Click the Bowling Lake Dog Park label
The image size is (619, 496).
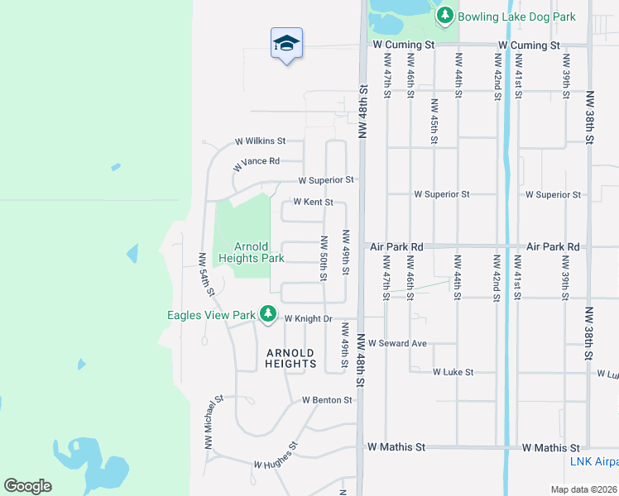tap(516, 17)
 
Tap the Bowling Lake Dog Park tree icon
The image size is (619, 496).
tap(445, 16)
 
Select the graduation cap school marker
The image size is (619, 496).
tap(286, 44)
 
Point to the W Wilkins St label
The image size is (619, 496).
tap(260, 141)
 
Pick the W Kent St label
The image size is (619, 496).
tap(314, 203)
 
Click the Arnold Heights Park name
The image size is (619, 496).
tap(251, 252)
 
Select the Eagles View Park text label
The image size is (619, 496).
tap(211, 315)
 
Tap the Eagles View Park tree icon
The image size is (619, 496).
tap(267, 314)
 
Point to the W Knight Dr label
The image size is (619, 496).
tap(308, 318)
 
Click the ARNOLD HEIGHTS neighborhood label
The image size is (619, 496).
tap(291, 358)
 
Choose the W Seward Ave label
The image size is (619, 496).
tap(397, 343)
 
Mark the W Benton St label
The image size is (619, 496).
tap(327, 400)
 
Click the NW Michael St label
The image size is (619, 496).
tap(214, 422)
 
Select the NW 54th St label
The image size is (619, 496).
tap(206, 274)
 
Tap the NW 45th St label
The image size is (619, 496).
tap(433, 122)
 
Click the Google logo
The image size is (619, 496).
tap(27, 486)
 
